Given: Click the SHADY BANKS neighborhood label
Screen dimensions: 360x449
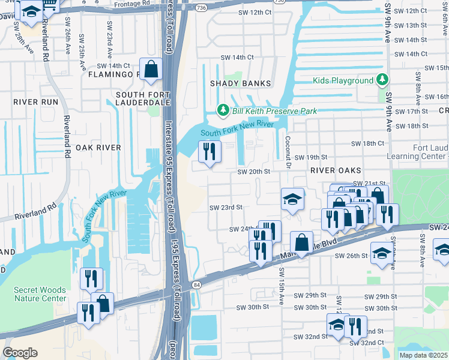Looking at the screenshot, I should (240, 83).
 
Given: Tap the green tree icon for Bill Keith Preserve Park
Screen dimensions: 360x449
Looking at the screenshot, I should (223, 110).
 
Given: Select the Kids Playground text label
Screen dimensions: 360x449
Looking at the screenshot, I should (343, 80).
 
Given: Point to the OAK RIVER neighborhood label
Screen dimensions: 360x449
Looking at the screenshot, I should (98, 147).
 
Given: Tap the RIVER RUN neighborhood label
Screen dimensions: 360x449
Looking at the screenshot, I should (36, 102).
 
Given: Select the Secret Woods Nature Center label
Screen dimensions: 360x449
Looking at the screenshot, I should (40, 294).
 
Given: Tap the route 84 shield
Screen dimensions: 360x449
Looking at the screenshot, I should (196, 284).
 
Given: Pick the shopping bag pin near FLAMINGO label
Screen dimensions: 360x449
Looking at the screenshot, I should (151, 68).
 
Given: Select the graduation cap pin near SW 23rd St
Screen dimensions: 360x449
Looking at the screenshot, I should (292, 200).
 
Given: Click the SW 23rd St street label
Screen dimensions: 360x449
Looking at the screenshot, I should (226, 208).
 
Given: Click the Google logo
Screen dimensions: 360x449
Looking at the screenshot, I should (20, 352).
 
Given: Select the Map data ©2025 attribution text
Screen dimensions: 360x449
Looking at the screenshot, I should (423, 355).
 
